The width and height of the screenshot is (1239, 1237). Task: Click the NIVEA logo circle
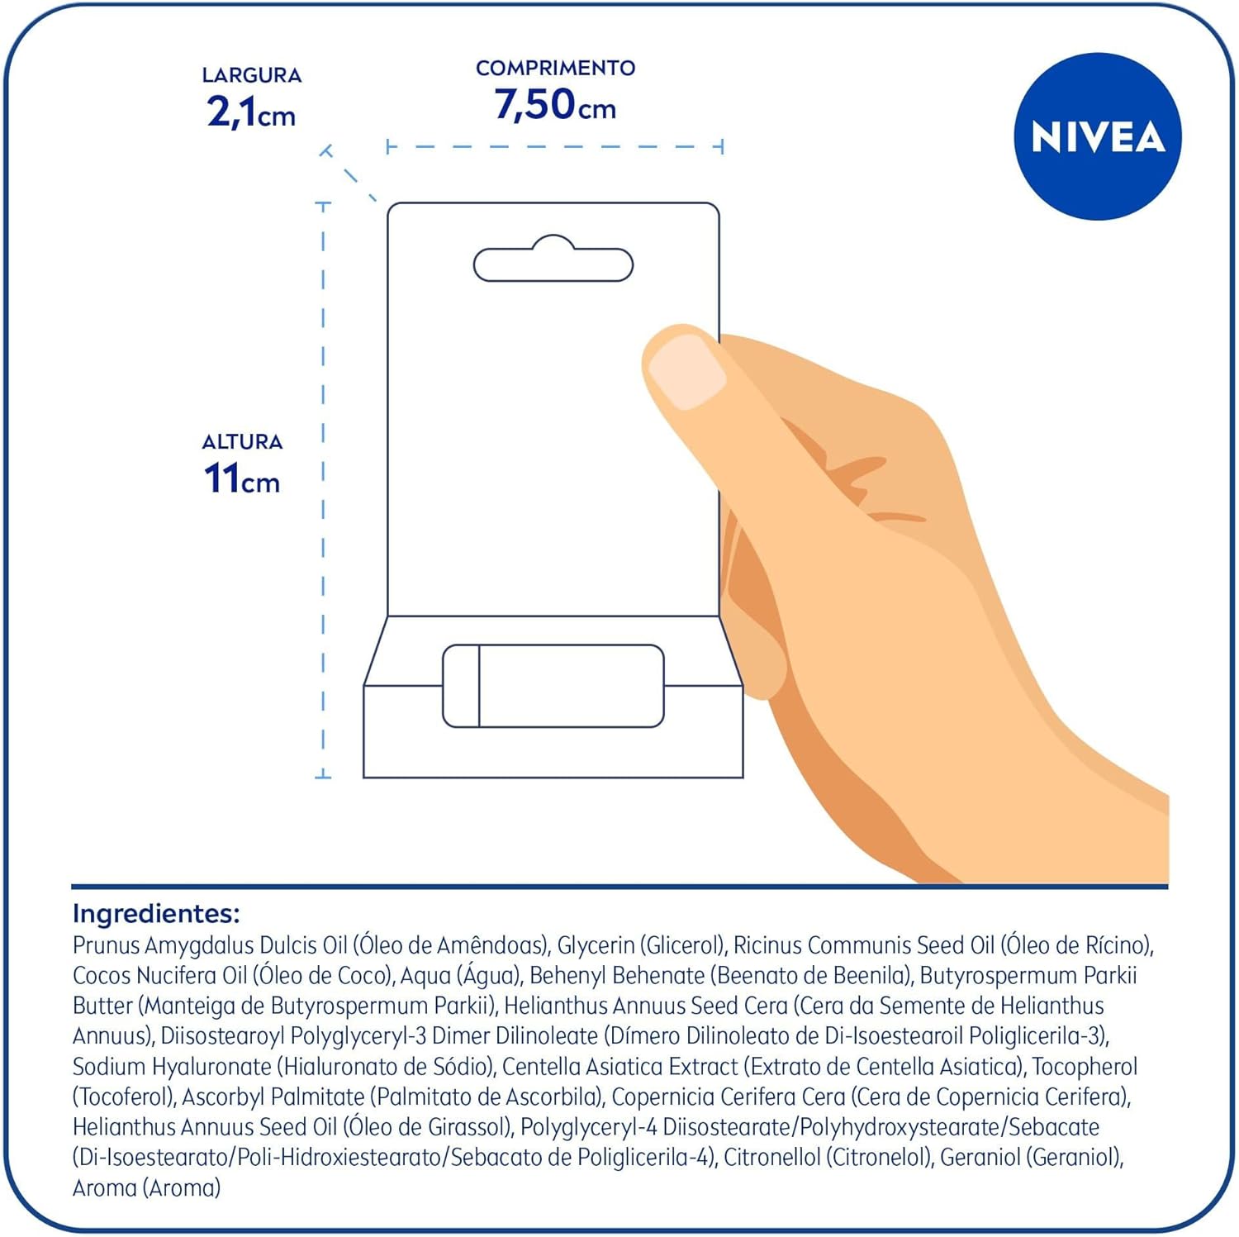click(x=1097, y=136)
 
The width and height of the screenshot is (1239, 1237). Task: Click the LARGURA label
click(x=251, y=75)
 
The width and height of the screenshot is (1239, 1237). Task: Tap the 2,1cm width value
click(x=250, y=112)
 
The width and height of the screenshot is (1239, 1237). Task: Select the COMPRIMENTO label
click(x=555, y=68)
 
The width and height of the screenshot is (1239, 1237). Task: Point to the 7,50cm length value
click(x=555, y=106)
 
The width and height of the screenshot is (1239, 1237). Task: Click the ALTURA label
click(x=242, y=442)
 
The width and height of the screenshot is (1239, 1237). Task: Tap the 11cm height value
click(x=241, y=479)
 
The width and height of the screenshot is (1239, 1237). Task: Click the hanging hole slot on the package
click(x=553, y=263)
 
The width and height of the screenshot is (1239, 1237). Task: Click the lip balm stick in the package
click(x=553, y=686)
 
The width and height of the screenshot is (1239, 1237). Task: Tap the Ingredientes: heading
click(x=156, y=913)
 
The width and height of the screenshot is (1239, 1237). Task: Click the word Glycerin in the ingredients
click(x=596, y=945)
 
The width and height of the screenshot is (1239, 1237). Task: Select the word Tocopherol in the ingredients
click(x=1084, y=1067)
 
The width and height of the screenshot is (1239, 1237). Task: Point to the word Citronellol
click(x=771, y=1158)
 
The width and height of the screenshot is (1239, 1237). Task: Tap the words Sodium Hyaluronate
click(x=172, y=1067)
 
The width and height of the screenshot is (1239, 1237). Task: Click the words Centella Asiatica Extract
click(x=619, y=1067)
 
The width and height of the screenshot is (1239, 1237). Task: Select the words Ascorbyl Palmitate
click(x=273, y=1097)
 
